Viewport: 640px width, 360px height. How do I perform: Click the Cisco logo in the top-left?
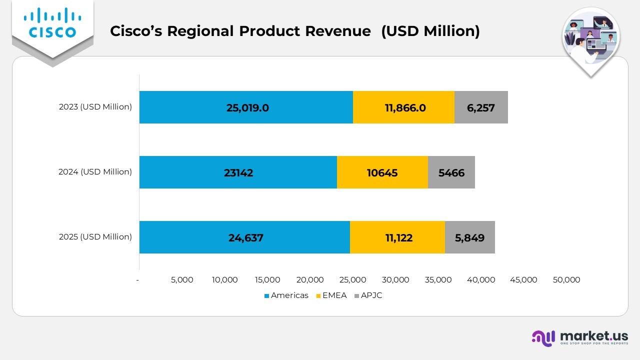(52, 24)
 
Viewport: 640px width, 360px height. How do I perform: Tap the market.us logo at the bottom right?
(579, 338)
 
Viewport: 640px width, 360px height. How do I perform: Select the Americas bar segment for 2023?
(246, 107)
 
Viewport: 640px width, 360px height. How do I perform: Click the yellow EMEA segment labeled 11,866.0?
(404, 107)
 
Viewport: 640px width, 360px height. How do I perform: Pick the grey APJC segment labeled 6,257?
(481, 107)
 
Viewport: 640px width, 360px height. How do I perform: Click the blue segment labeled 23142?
(238, 172)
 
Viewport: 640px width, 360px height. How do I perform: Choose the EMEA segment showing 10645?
(382, 172)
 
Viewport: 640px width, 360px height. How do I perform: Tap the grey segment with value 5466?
(451, 172)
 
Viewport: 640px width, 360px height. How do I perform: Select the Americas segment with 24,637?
(244, 237)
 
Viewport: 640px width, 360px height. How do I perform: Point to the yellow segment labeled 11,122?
(397, 237)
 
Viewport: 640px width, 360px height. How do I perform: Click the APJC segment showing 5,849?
(469, 237)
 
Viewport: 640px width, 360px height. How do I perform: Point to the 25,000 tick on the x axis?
(353, 280)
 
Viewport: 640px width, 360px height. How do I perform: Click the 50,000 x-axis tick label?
(566, 280)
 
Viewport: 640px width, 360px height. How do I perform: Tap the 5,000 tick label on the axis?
(182, 280)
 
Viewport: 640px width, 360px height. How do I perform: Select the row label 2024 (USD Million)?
(95, 172)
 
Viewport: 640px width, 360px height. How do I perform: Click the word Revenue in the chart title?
(340, 31)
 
